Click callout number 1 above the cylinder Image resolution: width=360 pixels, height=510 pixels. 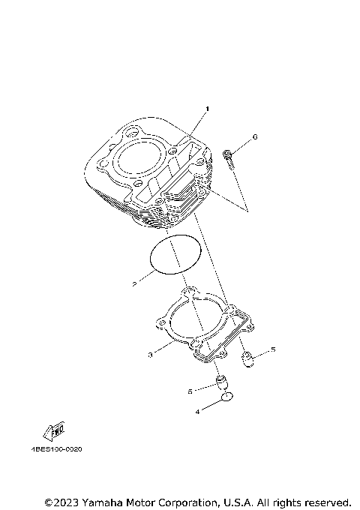coord(208,109)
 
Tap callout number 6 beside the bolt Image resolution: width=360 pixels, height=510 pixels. coord(255,137)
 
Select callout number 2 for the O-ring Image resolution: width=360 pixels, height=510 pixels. coord(133,284)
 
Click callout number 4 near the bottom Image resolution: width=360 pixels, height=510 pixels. coord(198,411)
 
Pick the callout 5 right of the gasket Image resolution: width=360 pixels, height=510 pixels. coord(273,349)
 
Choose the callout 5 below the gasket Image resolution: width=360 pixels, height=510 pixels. coord(190,391)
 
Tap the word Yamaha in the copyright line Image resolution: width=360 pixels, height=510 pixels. coord(106,502)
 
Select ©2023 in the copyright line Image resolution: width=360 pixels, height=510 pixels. coord(61,502)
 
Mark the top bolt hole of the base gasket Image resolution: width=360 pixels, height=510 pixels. coord(190,292)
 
